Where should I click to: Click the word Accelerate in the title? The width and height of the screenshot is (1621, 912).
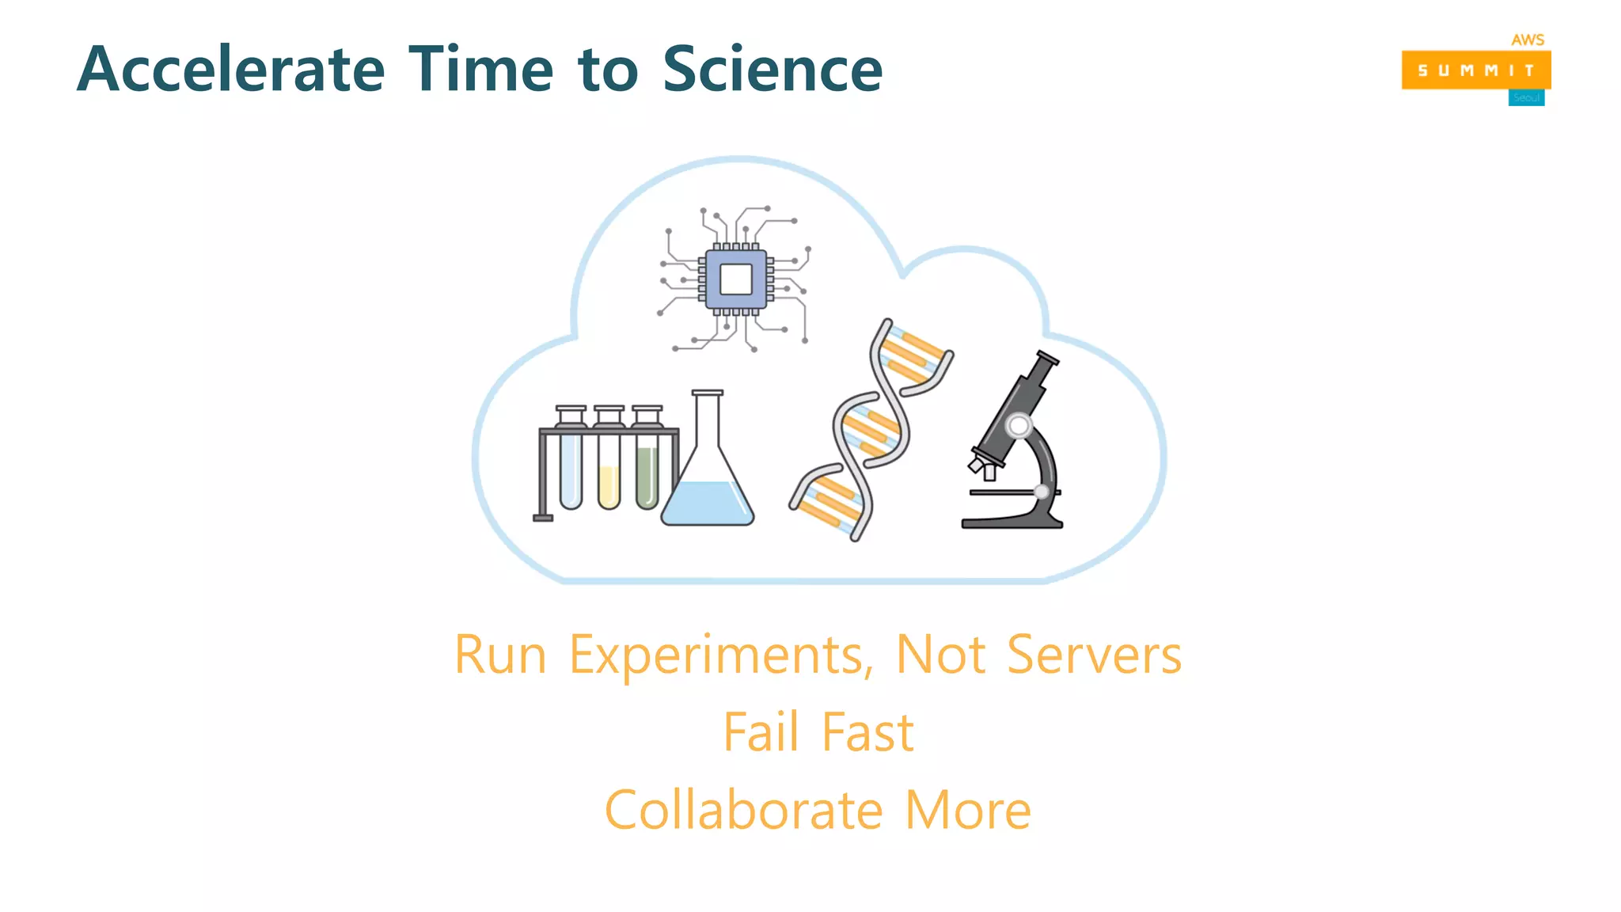tap(230, 70)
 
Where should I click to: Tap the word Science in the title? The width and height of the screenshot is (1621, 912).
tap(772, 70)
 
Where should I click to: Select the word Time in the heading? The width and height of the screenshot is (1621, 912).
tap(480, 70)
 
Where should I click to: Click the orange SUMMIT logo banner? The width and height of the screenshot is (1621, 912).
tap(1475, 70)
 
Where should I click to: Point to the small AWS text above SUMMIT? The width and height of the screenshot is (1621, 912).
tap(1527, 40)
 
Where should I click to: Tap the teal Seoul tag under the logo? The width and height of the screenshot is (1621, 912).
tap(1526, 98)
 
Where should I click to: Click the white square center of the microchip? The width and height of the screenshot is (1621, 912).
tap(735, 279)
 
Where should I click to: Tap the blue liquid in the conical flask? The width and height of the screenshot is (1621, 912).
tap(707, 503)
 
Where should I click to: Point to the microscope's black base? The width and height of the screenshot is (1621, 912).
tap(1011, 521)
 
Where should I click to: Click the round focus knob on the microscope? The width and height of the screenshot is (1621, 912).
tap(1019, 426)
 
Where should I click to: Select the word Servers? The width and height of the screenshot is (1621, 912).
tap(1094, 655)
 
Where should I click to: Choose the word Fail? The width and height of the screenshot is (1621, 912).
tap(761, 732)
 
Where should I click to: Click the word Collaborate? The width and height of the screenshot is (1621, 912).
tap(743, 811)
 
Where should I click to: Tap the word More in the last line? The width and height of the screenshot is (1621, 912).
tap(967, 811)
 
